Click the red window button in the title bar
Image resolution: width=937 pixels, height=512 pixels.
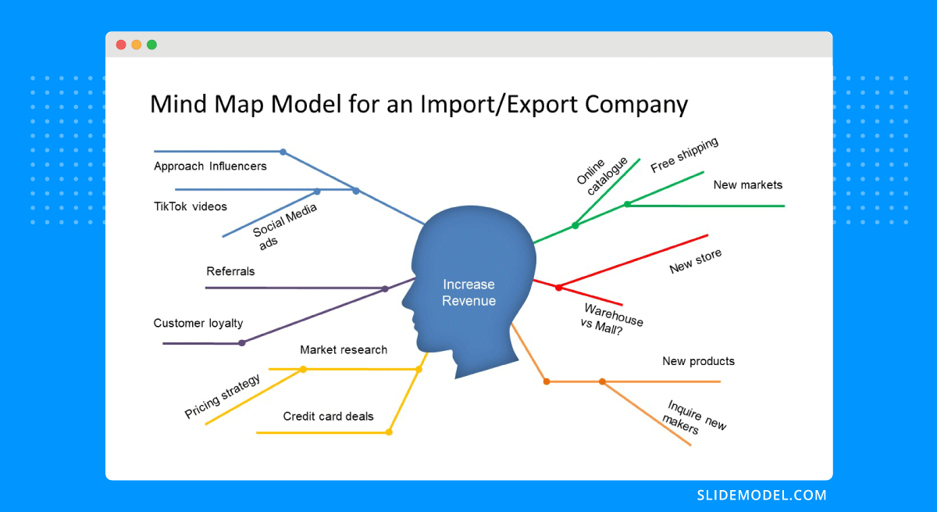pos(121,45)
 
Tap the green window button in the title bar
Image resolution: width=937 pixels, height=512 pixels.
pos(151,45)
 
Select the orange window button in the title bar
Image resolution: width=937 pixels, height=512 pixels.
pos(137,45)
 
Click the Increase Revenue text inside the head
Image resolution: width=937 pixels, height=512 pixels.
pos(469,292)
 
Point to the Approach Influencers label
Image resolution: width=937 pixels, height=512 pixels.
pos(210,166)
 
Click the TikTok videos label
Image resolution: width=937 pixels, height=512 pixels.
pos(191,206)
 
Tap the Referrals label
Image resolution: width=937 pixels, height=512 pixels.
pos(230,271)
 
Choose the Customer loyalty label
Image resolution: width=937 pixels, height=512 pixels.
pos(198,323)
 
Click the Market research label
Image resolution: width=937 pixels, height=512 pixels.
pos(344,349)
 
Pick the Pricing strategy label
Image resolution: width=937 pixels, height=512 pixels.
pos(223,396)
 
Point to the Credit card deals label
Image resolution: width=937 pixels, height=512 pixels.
pos(329,416)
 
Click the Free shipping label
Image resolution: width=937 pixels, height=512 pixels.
pos(684,155)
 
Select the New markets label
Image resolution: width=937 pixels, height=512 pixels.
pos(748,184)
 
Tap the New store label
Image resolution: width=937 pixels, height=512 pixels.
pos(695,260)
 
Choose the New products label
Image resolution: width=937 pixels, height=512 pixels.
pos(698,361)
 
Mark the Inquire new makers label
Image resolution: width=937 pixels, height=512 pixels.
pos(694,417)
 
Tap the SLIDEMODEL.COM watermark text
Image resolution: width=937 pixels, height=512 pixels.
pos(762,496)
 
